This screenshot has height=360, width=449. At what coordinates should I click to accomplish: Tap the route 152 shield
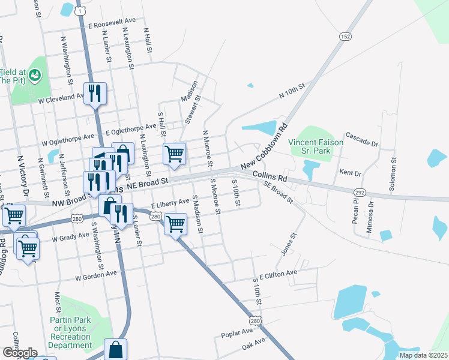344,37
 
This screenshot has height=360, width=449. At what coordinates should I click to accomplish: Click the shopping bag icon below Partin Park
115,349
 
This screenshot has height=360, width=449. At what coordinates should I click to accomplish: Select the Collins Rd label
270,176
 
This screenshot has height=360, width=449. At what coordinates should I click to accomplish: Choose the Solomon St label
394,174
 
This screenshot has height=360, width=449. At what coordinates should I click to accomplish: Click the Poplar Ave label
237,332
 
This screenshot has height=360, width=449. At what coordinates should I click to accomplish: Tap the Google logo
19,352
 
